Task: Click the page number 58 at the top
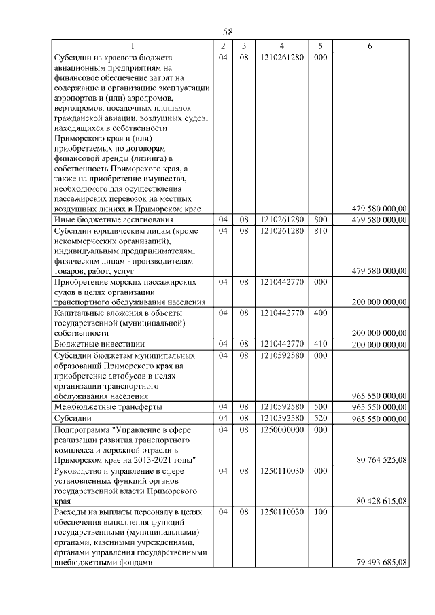pyautogui.click(x=228, y=32)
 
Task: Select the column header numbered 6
pyautogui.click(x=370, y=46)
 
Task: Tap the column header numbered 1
pyautogui.click(x=132, y=46)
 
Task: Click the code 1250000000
pyautogui.click(x=281, y=430)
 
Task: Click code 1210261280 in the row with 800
pyautogui.click(x=281, y=219)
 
